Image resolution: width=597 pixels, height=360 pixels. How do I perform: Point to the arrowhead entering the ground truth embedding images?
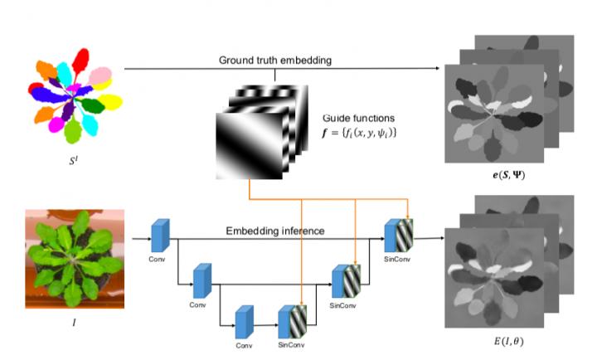click(x=441, y=70)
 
